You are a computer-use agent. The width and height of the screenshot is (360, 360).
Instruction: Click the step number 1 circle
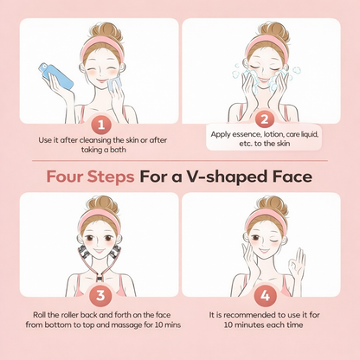click(x=101, y=125)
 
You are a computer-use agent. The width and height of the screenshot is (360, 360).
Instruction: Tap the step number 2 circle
click(x=264, y=119)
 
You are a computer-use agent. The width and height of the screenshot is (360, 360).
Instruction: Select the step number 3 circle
click(x=100, y=295)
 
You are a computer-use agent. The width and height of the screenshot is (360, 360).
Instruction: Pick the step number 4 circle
click(x=265, y=295)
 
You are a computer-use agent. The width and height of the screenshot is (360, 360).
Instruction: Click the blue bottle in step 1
click(x=56, y=76)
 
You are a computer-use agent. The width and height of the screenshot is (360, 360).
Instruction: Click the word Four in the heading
click(x=65, y=177)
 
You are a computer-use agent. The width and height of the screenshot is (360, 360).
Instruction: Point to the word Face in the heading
click(x=292, y=177)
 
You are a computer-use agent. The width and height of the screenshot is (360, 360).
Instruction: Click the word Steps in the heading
click(x=111, y=177)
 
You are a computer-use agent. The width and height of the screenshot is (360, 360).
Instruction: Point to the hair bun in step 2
click(x=273, y=32)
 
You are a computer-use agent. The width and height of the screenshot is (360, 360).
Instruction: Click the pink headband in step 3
click(x=100, y=219)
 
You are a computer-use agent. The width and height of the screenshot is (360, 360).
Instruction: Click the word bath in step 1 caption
click(x=119, y=150)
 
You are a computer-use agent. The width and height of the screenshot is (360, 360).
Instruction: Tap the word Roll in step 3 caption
click(x=38, y=315)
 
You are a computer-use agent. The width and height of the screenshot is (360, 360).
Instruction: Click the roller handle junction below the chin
click(x=100, y=278)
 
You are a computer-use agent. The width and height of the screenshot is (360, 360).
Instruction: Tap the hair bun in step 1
click(x=107, y=32)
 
